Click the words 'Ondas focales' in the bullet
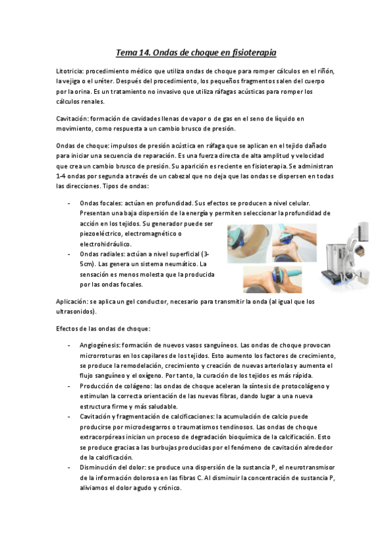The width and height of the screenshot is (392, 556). point(99,204)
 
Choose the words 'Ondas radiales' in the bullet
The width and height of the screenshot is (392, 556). point(100,254)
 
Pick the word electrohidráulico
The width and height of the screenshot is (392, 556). point(105,244)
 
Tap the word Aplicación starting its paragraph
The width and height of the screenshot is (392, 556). point(73,302)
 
